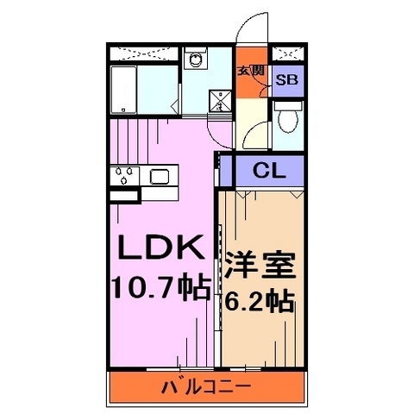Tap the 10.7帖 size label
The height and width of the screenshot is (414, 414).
[x=160, y=288]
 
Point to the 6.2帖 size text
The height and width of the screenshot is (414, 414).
[x=260, y=303]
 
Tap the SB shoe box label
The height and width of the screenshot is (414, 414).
[x=286, y=80]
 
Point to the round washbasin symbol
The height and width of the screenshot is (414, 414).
[x=197, y=60]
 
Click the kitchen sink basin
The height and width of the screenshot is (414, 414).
[x=160, y=178]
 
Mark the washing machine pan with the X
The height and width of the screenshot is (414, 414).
[x=220, y=102]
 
